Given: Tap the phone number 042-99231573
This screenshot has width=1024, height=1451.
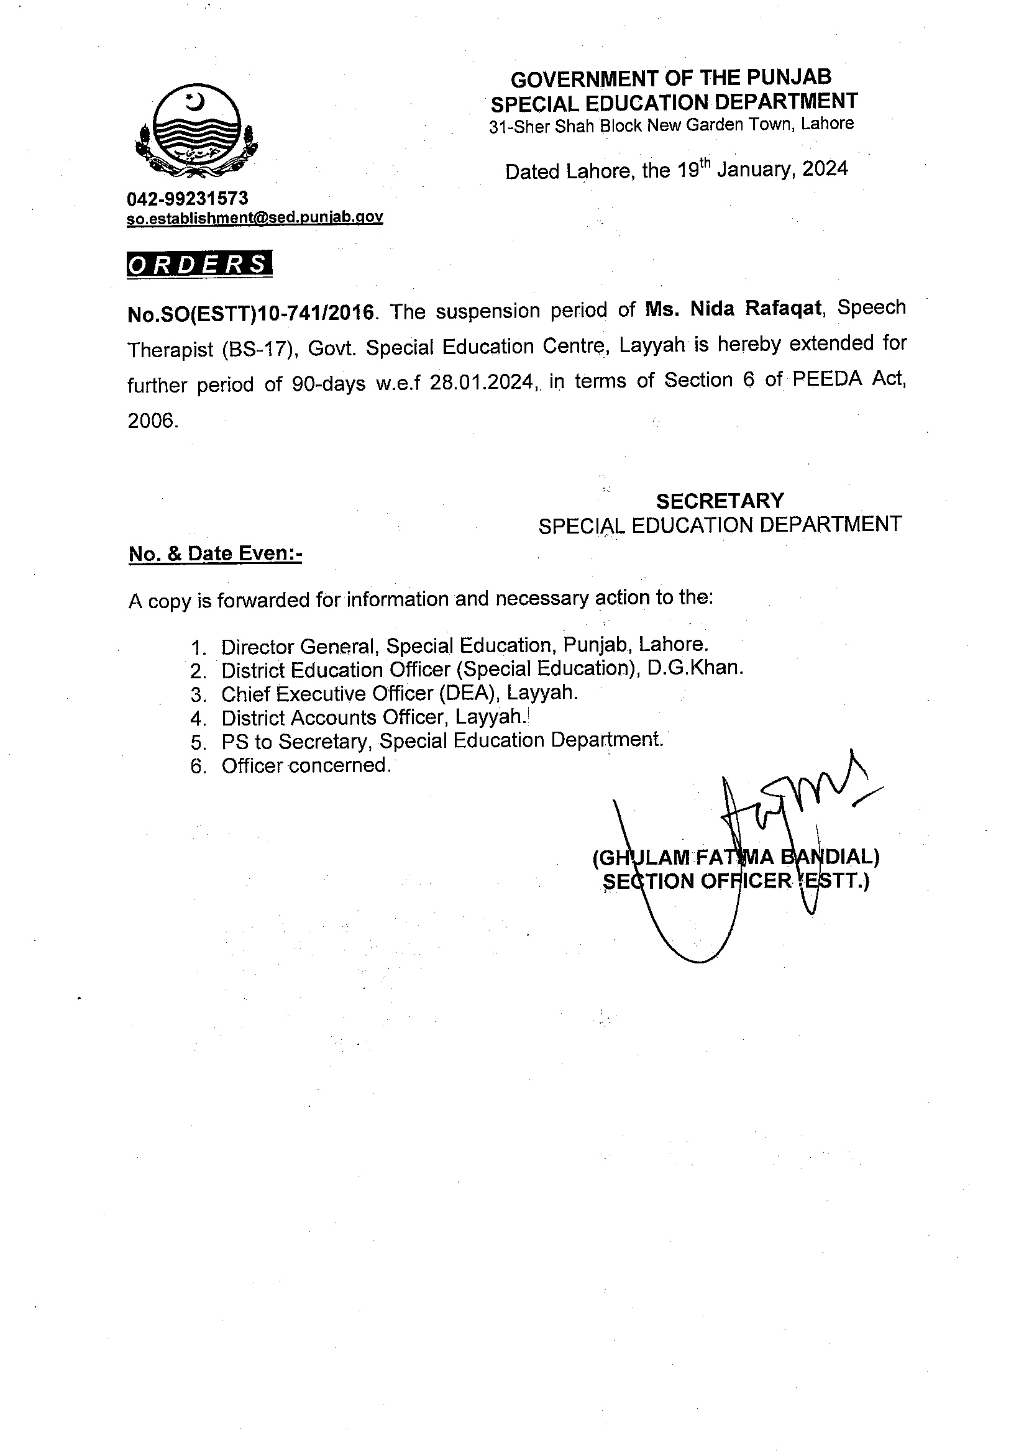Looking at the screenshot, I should click(188, 198).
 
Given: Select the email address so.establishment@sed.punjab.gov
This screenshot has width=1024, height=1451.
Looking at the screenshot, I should click(255, 217).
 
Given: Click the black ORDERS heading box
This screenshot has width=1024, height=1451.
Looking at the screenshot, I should click(199, 264).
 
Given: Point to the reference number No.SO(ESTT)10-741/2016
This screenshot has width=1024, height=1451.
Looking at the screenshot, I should click(251, 313).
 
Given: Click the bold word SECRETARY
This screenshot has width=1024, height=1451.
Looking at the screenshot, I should click(720, 501).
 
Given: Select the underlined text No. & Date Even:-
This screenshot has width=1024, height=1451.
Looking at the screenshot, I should click(216, 553).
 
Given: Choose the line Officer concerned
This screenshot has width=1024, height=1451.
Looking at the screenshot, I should click(306, 765).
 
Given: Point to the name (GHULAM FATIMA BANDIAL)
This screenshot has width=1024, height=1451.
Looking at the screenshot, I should click(735, 857).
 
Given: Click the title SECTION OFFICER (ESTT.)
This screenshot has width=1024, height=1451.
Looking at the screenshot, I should click(736, 881).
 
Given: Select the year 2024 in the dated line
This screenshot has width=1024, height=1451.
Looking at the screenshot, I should click(825, 169).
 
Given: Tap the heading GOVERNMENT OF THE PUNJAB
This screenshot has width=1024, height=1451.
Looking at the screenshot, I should click(670, 78).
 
